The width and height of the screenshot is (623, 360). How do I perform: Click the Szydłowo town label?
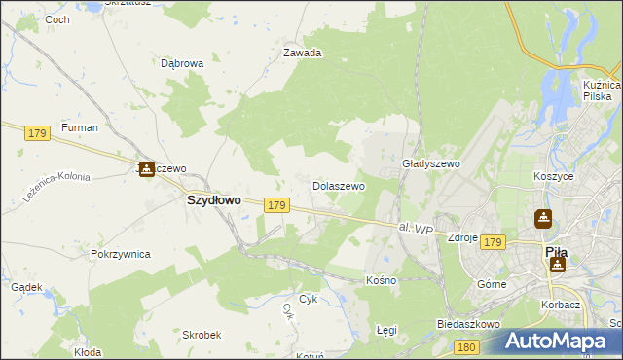click(x=213, y=199)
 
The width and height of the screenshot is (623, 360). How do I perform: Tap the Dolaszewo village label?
click(x=338, y=185)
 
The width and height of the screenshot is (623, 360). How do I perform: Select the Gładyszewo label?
click(x=430, y=164)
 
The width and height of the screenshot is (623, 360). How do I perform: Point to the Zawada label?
click(x=302, y=54)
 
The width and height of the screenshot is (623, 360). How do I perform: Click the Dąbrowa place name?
click(x=182, y=63)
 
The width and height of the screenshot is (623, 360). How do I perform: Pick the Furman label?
click(x=79, y=127)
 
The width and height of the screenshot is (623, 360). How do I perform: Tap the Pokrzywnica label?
click(x=120, y=254)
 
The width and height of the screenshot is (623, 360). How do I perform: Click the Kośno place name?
click(x=381, y=280)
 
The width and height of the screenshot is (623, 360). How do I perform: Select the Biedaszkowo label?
click(x=468, y=324)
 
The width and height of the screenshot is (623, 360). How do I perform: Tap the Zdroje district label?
click(x=460, y=237)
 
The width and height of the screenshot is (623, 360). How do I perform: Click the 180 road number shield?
click(x=467, y=346)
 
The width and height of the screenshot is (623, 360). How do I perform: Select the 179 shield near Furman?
click(x=38, y=132)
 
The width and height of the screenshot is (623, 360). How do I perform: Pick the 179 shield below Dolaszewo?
click(x=276, y=205)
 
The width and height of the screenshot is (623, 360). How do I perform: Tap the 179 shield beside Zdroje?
click(x=493, y=242)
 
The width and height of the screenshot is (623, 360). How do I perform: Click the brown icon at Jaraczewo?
click(x=146, y=169)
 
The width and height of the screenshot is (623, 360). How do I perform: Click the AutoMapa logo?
click(x=557, y=342)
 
